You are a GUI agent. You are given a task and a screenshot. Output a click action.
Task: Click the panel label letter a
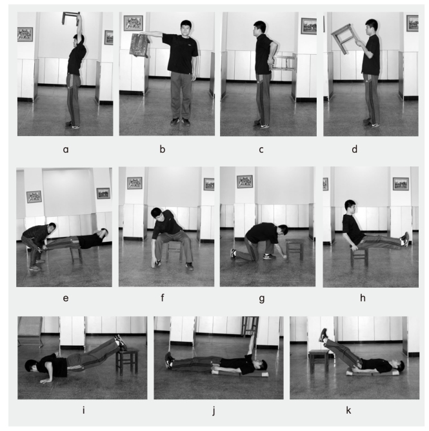point(66,150)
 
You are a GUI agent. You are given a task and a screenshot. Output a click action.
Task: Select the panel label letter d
point(355,149)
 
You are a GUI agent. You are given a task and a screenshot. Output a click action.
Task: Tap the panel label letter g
point(262,299)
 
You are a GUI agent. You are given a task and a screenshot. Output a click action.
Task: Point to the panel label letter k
point(348,410)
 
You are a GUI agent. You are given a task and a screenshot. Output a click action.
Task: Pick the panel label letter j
point(214,410)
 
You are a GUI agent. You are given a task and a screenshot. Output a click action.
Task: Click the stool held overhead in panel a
point(71,18)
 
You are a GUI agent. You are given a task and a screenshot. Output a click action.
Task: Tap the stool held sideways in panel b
point(139,45)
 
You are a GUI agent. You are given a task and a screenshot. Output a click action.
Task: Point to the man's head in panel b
point(186,28)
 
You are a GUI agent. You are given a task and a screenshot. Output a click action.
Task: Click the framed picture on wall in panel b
point(134,23)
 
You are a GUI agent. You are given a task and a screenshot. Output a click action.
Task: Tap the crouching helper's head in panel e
point(52,228)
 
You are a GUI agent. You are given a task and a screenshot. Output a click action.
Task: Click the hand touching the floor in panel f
point(156,264)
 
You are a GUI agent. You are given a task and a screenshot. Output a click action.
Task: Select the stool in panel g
point(294,249)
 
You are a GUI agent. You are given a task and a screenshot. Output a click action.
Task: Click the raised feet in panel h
point(404,239)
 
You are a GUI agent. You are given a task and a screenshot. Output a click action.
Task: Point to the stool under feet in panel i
point(126,361)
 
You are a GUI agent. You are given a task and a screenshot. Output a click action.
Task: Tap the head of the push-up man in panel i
point(31,365)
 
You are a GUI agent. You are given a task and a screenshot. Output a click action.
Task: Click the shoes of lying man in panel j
point(169,359)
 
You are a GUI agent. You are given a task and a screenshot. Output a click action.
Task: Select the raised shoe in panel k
point(323,335)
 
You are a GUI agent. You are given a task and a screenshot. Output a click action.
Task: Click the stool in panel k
point(319,361)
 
